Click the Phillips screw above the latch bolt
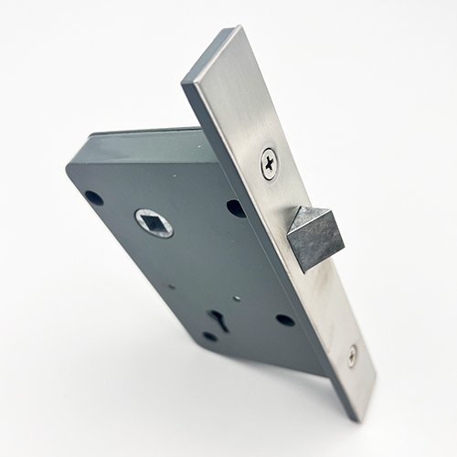pos(270,163)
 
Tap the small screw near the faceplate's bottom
pos(353,356)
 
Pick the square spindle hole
pos(154,222)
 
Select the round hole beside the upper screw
pos(236,208)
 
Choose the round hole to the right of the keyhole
pos(285,320)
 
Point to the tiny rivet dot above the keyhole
pos(236,298)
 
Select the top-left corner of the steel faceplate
pos(186,84)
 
